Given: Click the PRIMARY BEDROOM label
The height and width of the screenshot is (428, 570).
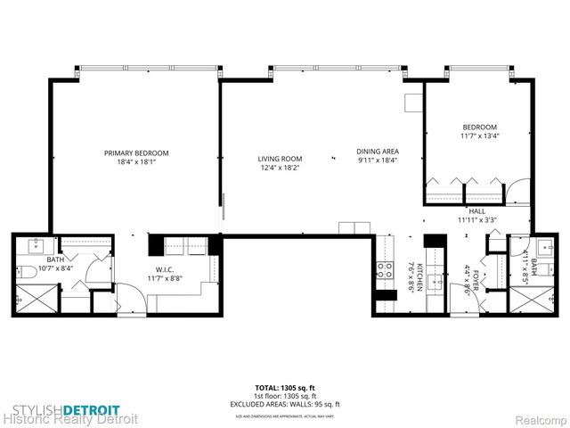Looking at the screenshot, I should click(136, 153).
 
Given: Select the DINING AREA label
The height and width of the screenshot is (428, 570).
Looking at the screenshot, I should click(377, 152).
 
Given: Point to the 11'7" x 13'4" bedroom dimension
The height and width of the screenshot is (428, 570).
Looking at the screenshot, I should click(479, 136).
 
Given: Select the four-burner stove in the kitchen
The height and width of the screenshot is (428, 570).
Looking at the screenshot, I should click(386, 269).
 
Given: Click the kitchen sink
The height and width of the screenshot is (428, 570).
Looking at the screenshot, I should click(435, 282).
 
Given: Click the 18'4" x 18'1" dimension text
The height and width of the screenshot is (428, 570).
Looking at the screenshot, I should click(136, 162).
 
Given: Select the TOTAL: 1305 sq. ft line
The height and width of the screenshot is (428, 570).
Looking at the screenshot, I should click(284, 388).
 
